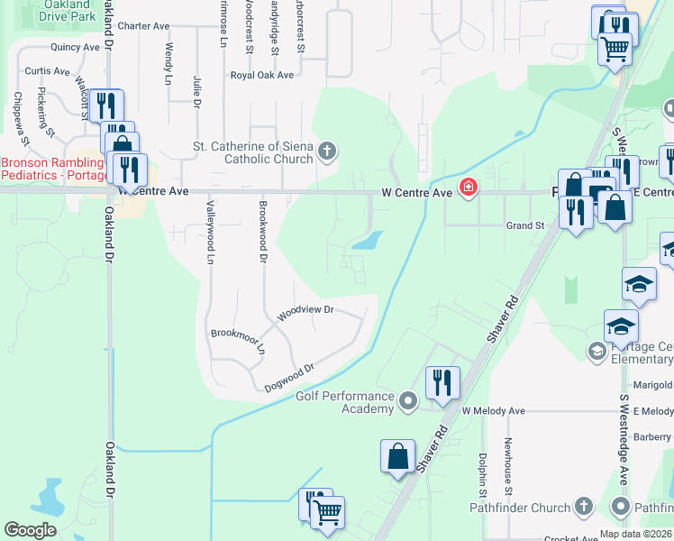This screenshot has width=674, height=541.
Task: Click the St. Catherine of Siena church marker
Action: (x=327, y=151)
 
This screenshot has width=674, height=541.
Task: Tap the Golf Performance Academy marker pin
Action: (x=409, y=398)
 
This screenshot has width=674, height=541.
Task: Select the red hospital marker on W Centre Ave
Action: (x=468, y=188)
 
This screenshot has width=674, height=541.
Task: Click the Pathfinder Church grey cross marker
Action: (x=583, y=507)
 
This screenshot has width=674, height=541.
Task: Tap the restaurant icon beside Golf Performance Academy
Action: (x=442, y=381)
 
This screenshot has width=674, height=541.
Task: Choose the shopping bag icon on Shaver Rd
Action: (x=397, y=456)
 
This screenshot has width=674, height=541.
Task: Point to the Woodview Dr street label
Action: (x=305, y=311)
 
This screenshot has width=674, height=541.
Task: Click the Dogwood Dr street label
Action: (x=288, y=378)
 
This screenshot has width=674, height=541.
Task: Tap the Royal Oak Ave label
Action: (x=262, y=76)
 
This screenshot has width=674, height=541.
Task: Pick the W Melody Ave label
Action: (x=493, y=411)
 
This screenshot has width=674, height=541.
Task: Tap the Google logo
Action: (x=30, y=530)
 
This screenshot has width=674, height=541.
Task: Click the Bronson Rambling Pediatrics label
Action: (x=51, y=169)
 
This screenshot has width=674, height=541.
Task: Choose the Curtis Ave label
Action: (x=47, y=71)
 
